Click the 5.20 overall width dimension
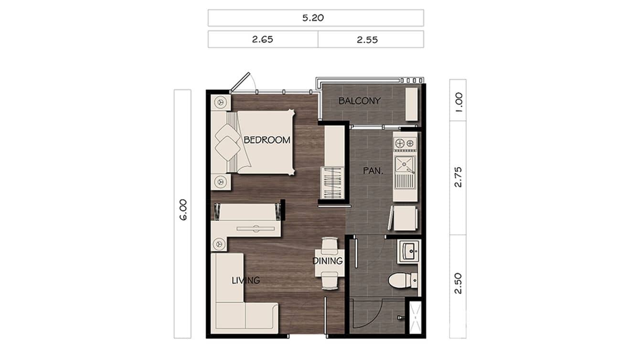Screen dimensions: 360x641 point(315,18)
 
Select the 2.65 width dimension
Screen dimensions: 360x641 point(263,40)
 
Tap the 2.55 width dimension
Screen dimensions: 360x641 point(367,40)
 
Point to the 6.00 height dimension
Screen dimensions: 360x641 point(183,210)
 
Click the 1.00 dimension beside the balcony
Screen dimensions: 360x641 point(459,102)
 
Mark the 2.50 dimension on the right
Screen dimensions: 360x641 point(459,283)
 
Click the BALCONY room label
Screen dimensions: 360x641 point(359,101)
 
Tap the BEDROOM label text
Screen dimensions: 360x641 point(267,140)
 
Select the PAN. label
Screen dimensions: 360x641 point(371,170)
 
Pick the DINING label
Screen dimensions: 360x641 point(328,261)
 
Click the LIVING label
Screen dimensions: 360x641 point(246,280)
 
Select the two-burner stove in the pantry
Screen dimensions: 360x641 point(405,142)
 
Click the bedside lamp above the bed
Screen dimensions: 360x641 point(221,102)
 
